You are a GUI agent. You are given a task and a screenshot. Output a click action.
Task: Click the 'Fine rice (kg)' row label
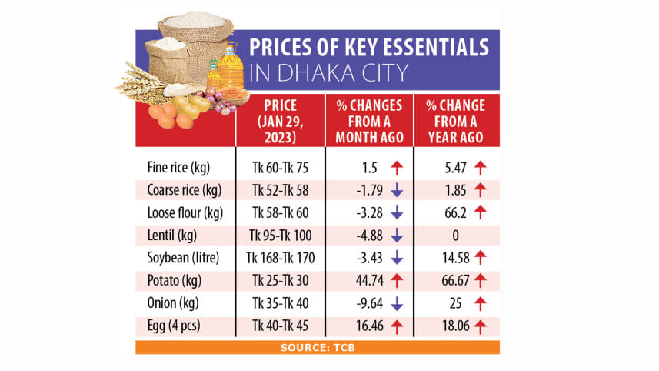[x=178, y=166]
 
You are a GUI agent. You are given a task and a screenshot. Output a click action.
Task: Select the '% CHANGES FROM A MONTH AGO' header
[x=370, y=120]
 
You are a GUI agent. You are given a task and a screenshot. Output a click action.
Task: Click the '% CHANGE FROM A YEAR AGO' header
[x=456, y=120]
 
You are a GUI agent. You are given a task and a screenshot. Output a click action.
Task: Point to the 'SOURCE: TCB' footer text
[x=318, y=348]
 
